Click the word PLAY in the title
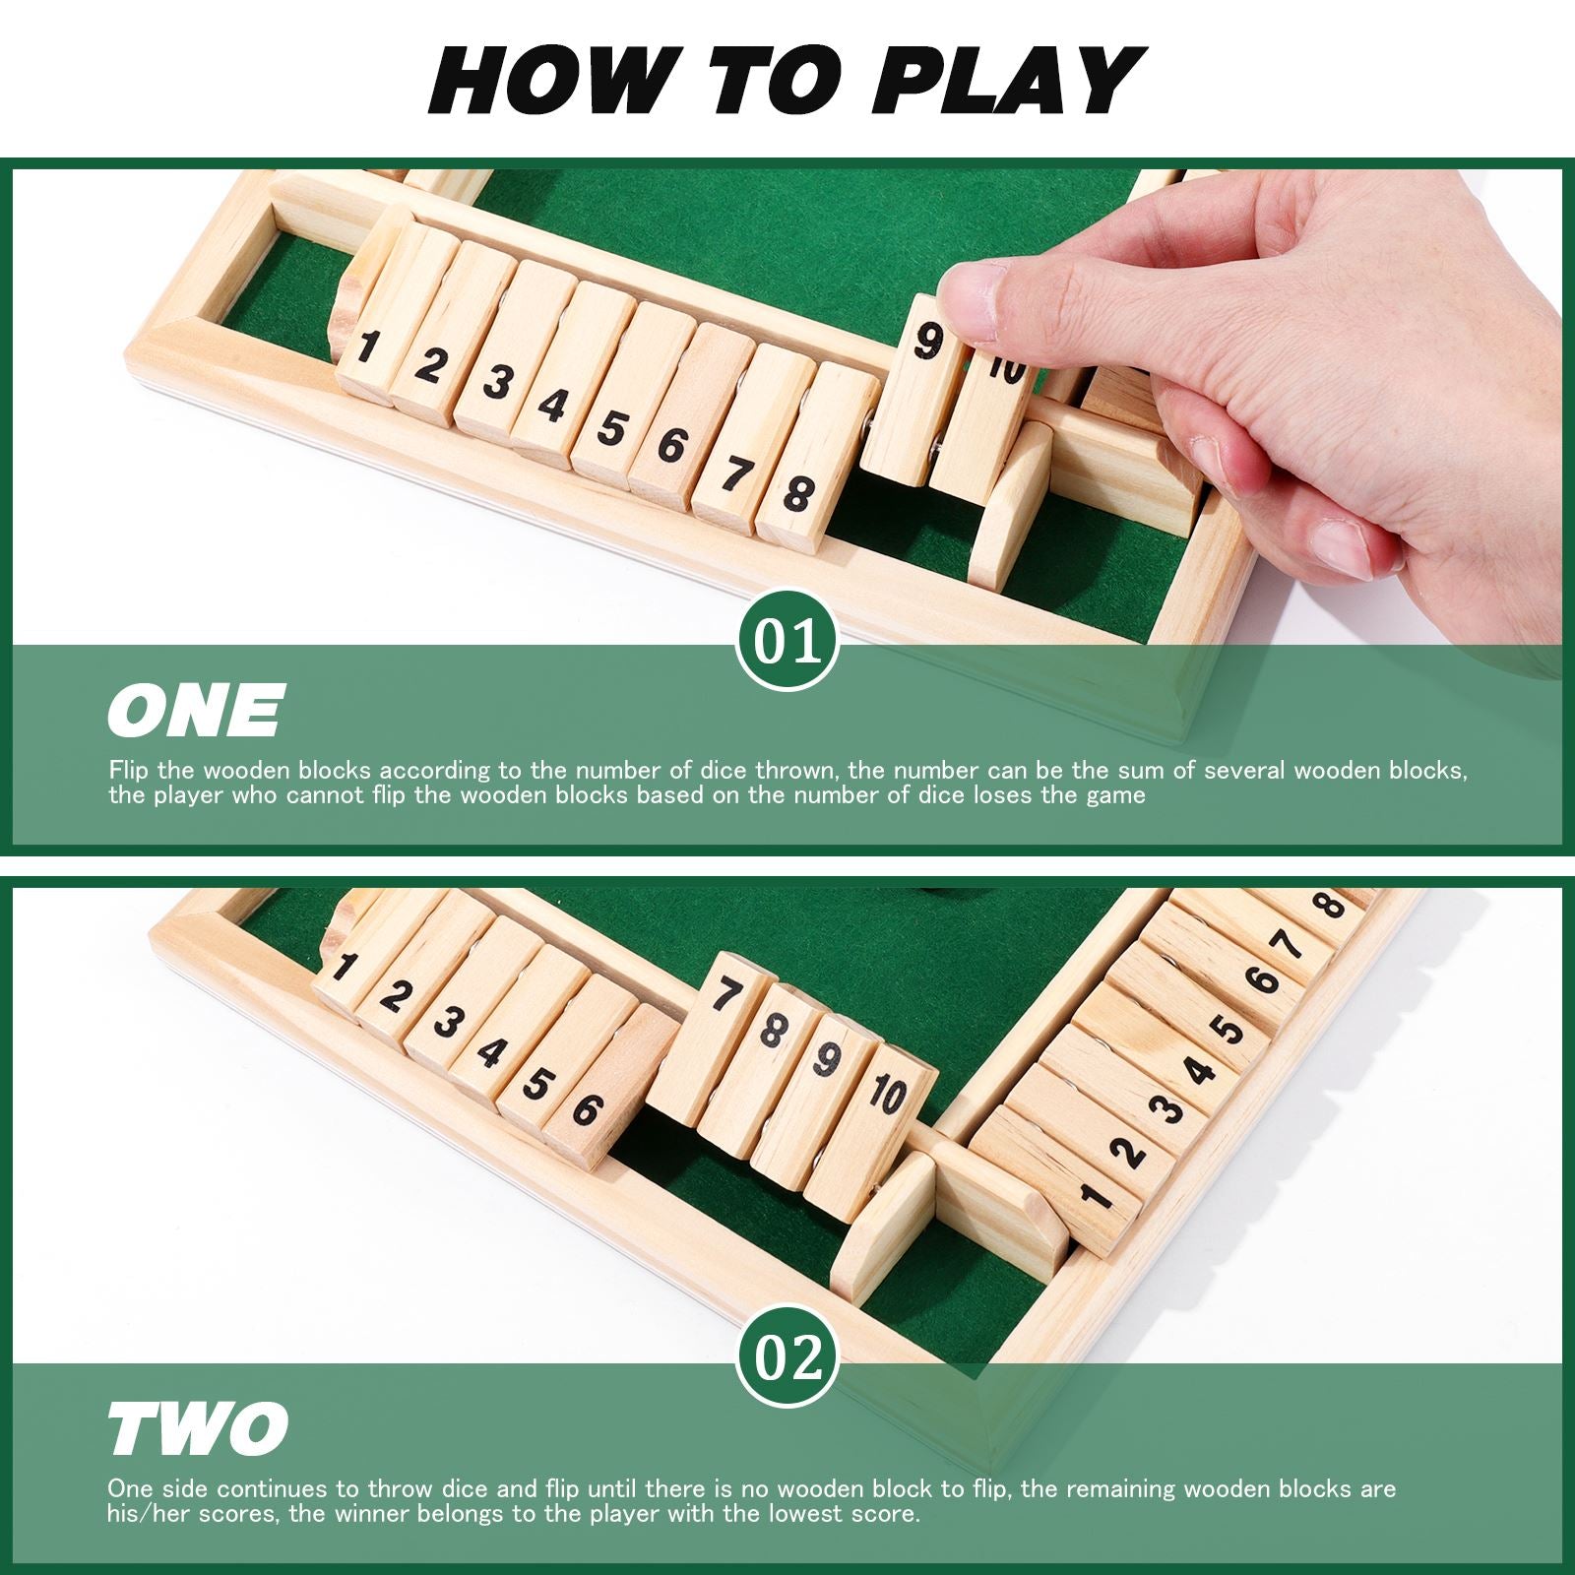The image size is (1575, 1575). coord(1008,81)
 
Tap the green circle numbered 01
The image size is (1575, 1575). coord(787,640)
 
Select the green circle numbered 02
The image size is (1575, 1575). coord(787,1358)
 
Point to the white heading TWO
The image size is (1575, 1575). coord(198,1428)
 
